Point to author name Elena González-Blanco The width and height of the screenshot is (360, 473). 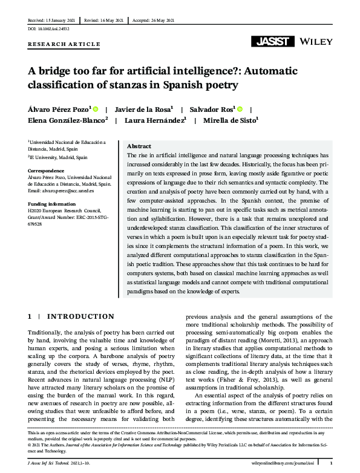coord(67,120)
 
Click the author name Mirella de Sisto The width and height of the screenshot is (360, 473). coord(231,120)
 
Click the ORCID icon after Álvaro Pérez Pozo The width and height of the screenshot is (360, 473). coord(95,109)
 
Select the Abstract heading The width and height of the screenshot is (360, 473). coord(139,147)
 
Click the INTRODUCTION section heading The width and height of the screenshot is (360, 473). coord(81,316)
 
